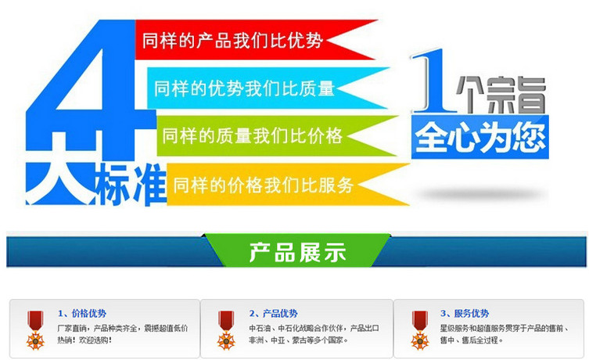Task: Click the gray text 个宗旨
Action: (x=501, y=95)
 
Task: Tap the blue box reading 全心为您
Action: (x=480, y=137)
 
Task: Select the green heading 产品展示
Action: (x=297, y=251)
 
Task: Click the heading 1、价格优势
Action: (x=82, y=313)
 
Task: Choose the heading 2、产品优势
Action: (x=273, y=313)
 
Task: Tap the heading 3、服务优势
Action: (x=465, y=313)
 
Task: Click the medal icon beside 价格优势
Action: (x=35, y=330)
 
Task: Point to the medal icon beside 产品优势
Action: (x=226, y=330)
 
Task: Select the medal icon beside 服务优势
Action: (x=419, y=330)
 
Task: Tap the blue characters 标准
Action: (x=131, y=185)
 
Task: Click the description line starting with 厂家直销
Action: (x=123, y=328)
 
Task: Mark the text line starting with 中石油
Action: (x=314, y=328)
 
